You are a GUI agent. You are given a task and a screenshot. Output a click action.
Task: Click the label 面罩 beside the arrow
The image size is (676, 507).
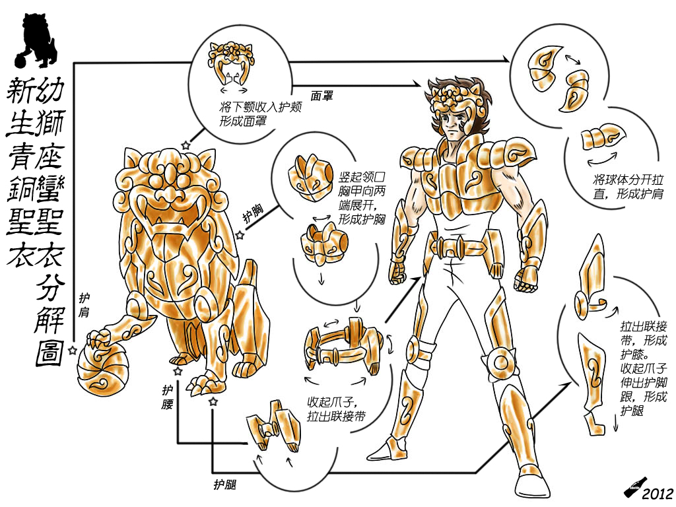[321, 96]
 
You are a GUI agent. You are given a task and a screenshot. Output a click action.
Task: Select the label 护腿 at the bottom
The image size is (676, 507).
[225, 485]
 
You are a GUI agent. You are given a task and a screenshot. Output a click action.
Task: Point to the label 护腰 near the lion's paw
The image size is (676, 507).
[168, 397]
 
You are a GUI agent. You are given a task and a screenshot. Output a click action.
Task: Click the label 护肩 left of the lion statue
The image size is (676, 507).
[84, 305]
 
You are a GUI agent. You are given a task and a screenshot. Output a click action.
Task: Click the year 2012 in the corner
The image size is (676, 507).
[658, 493]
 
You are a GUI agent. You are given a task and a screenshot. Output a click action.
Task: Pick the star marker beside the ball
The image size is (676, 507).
[73, 350]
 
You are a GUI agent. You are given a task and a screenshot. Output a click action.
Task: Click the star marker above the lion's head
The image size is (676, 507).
[186, 145]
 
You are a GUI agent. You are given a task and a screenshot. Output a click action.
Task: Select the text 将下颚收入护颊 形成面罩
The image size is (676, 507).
[260, 114]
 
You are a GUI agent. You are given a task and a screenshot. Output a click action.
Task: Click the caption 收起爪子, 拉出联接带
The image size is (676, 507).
[336, 409]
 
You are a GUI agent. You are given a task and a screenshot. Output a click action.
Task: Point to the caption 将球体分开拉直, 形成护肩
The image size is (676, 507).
[628, 187]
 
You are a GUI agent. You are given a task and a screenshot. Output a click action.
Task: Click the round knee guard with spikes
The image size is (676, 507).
[500, 362]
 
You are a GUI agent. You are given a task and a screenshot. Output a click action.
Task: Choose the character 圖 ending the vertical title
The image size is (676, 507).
[49, 354]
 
